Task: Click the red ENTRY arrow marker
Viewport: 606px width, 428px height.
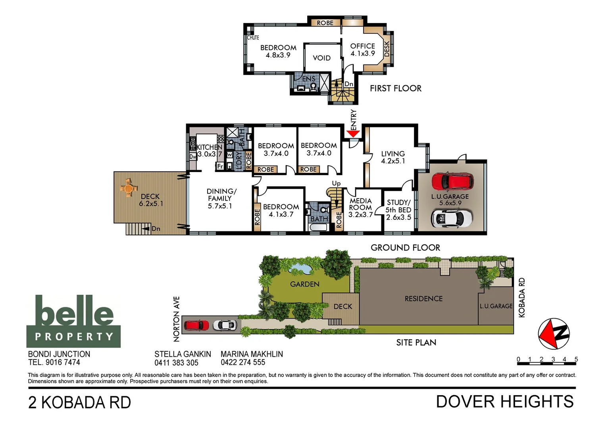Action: tap(353, 134)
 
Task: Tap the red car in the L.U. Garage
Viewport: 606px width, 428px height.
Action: tap(452, 181)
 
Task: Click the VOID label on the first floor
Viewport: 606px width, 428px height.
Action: tap(321, 58)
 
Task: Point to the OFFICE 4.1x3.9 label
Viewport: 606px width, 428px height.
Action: tap(362, 50)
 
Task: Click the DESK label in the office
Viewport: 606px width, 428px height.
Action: tap(387, 49)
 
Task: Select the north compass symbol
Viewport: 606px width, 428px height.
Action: tap(554, 334)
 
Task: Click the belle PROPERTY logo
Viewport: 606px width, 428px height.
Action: tap(73, 321)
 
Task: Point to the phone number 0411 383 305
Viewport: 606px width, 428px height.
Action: tap(176, 363)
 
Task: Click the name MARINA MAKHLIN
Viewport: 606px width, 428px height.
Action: tap(252, 354)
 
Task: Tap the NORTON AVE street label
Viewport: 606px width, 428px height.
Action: tap(177, 319)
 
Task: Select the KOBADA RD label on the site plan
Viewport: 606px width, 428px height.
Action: tap(522, 297)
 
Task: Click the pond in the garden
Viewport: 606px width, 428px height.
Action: tap(300, 269)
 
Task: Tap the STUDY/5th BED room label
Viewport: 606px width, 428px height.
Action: tap(398, 210)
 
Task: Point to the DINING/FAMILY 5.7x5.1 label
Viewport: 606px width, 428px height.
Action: tap(221, 199)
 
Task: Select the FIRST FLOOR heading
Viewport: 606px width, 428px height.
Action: tap(395, 88)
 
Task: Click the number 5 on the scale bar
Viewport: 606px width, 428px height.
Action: tap(576, 359)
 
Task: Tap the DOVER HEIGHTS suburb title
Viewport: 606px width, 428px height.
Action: tap(505, 402)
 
